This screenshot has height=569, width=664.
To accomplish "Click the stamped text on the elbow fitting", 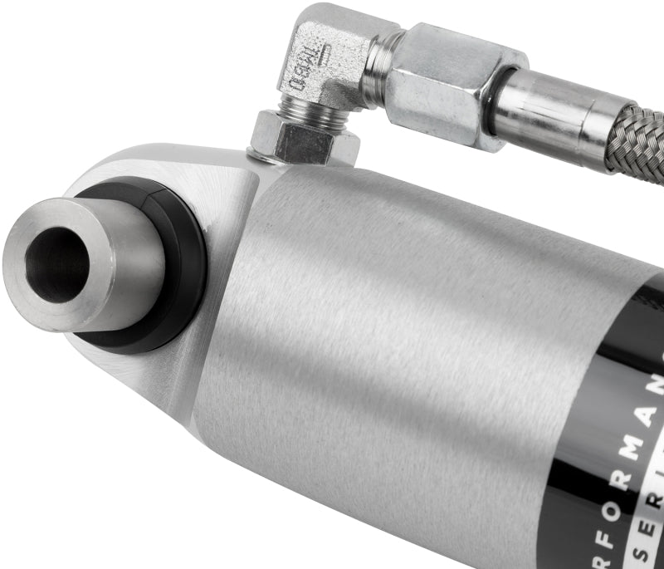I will pos(304,70).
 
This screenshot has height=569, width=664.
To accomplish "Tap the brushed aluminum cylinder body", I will pos(373,332).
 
